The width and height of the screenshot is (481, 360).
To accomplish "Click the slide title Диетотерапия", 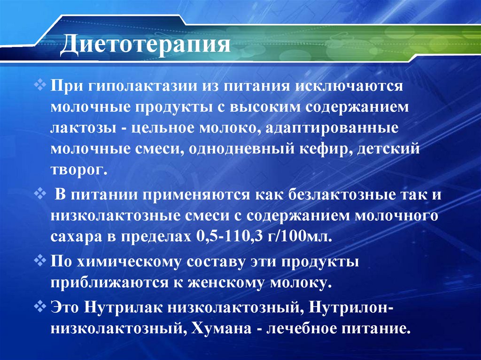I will pyautogui.click(x=148, y=46).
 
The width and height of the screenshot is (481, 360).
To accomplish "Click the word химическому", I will pyautogui.click(x=130, y=262).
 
